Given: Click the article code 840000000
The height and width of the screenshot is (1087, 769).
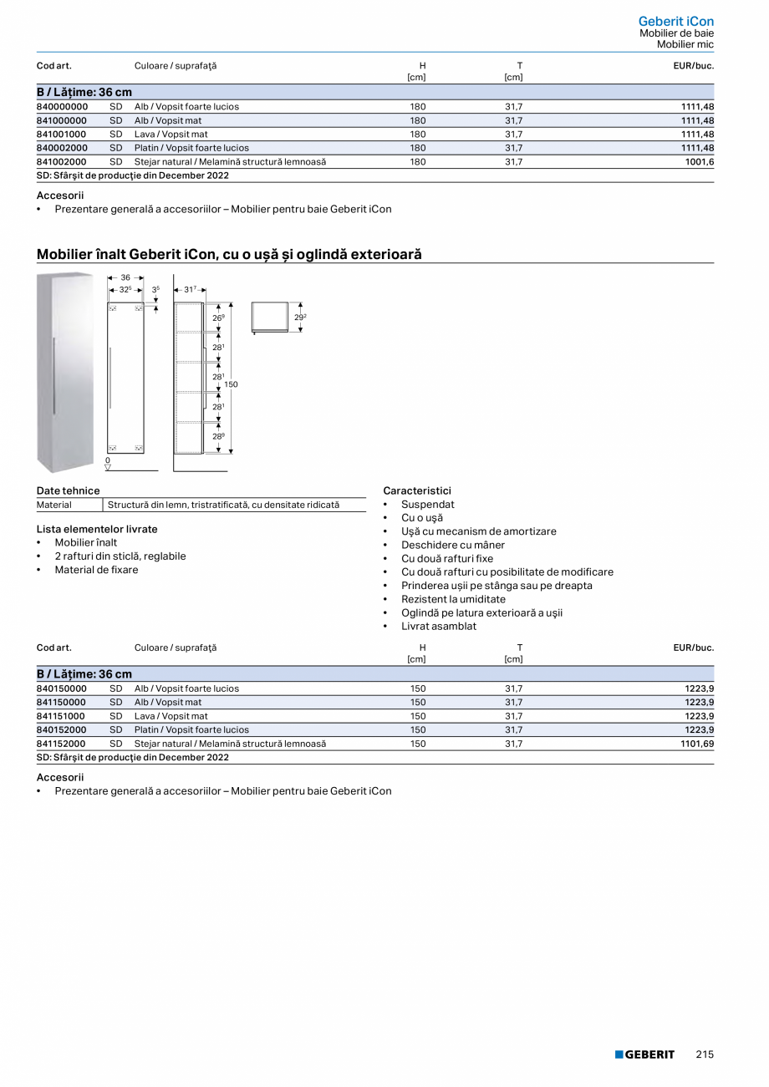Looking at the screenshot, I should coord(62,107).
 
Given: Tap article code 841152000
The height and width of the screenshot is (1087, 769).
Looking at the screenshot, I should coord(61,744).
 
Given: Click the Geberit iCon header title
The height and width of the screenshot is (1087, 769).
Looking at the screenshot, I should coord(675,21).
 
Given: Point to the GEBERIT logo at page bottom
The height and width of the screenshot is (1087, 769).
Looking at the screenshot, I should coord(644,1054).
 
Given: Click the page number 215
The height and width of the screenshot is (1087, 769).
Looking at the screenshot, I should coord(705,1054).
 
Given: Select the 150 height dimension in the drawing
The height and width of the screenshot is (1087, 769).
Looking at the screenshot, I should coord(231,384).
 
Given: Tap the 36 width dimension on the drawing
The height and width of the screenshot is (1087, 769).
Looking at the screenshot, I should coord(125,277).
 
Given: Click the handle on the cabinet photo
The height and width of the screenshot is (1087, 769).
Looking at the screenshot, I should coord(54,376).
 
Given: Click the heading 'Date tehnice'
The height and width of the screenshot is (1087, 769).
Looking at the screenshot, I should coord(68,491).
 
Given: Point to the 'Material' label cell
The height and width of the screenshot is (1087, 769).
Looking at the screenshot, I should coord(54,505).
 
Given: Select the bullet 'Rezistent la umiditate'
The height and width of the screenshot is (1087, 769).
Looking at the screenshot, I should coord(453,599).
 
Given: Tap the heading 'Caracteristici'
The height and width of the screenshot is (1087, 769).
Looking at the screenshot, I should coord(416,491).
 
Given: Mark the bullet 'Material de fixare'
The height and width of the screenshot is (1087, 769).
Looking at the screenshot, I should coord(97,570).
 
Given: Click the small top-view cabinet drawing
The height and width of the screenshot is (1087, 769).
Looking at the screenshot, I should coord(269,317).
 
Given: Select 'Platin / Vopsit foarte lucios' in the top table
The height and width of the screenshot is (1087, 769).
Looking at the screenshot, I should coord(191,148).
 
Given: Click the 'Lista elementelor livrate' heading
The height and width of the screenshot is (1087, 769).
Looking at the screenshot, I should coord(97,529).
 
